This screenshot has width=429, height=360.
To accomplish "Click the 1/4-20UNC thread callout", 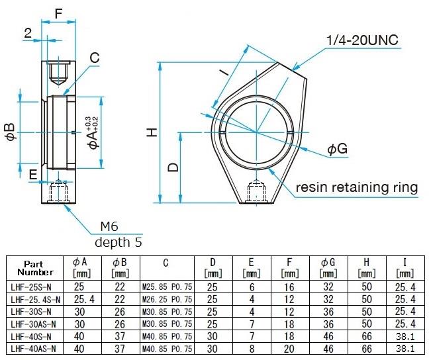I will coord(362,40).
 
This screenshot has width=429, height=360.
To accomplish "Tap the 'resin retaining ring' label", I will coord(357,187).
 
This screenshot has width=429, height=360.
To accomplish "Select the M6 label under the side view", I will coord(109,226).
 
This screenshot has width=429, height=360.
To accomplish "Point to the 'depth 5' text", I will coord(118,242).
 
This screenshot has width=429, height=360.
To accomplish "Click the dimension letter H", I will coord(152,132).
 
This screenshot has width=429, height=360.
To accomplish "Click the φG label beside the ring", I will coord(337,150).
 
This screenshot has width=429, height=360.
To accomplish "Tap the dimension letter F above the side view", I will coord(58,13).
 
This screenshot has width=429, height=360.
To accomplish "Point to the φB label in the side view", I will coord(9,131).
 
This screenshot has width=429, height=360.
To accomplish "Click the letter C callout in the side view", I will coord(94,58).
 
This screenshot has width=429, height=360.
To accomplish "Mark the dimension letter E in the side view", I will coord(33,174).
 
